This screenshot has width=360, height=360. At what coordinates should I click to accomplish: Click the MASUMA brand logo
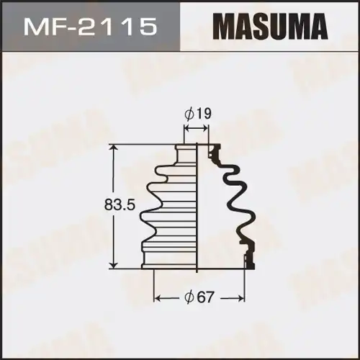pos(269,27)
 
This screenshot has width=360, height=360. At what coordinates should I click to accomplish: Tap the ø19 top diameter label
pos(197,112)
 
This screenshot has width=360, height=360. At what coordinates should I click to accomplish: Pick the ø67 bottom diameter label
pos(201,297)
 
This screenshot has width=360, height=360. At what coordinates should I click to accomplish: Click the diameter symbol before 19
pos(188,112)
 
